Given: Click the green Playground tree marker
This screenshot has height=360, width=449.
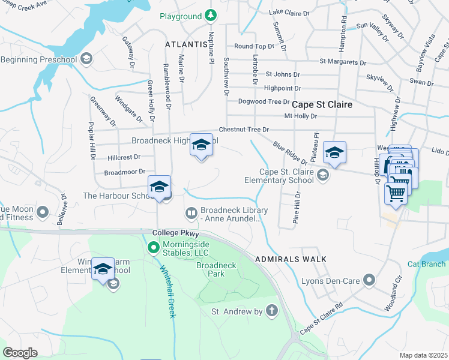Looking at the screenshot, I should point(209,14).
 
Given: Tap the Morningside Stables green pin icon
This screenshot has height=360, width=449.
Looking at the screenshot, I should point(153,247).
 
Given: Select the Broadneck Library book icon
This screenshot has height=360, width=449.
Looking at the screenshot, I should point(191,213).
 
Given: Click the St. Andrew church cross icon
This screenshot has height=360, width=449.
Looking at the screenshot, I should point(272,311).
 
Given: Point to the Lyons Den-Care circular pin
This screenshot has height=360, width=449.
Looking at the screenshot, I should point(369,280).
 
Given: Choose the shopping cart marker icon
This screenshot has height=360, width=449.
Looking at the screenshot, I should point(396,193).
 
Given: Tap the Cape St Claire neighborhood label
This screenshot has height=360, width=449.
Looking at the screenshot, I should point(322,104).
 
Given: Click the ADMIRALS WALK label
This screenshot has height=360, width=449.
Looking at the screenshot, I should point(291,259).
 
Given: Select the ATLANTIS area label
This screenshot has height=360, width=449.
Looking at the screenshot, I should point(185,44).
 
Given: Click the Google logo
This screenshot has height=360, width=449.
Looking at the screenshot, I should point(20,353).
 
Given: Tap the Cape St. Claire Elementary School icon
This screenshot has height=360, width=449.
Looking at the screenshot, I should point(323,175).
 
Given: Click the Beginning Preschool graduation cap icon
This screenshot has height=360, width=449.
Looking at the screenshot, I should point(86,58).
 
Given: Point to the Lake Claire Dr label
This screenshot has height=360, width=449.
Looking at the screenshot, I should point(289,12).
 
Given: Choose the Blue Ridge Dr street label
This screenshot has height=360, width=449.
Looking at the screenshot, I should point(289,154).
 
